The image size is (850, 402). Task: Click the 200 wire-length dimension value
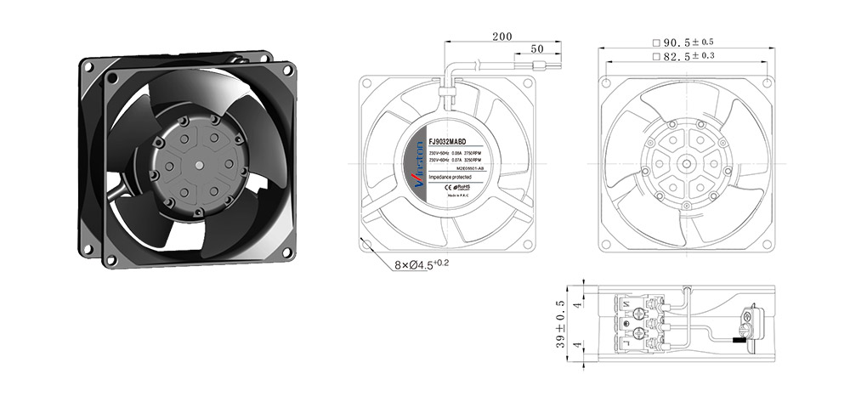coord(501,37)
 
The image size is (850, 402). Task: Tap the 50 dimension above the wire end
coord(537,49)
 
